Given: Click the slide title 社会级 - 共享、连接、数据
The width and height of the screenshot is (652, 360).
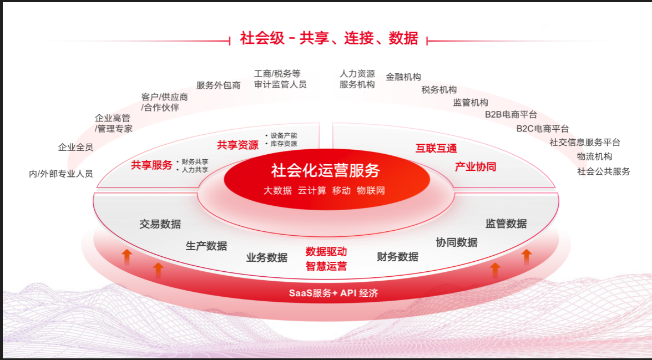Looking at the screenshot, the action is [329, 38].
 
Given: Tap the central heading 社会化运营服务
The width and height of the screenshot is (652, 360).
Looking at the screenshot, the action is [326, 170].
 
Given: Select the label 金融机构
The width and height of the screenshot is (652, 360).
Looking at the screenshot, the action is [403, 77].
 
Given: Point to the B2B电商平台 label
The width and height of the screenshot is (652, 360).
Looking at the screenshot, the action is [511, 114].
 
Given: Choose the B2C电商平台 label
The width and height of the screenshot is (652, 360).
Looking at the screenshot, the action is [543, 129].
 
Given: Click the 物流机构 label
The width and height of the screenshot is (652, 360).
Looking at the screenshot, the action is [595, 156].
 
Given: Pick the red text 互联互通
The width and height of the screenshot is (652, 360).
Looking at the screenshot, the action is [436, 149].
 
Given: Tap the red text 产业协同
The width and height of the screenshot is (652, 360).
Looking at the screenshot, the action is [476, 167].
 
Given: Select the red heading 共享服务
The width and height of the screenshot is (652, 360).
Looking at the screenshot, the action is [152, 165].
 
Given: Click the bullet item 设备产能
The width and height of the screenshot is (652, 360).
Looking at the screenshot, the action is [284, 135].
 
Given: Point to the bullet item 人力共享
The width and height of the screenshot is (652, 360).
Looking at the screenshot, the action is [195, 170].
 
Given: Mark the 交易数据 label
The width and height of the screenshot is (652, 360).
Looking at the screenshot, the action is [160, 224].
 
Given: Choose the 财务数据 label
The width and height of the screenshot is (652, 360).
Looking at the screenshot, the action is [397, 256].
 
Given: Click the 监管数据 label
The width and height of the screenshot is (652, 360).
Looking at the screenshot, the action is [506, 224].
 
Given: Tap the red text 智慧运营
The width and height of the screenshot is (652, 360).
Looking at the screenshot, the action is [326, 266].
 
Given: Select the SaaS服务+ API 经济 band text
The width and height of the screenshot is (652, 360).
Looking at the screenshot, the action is [333, 293].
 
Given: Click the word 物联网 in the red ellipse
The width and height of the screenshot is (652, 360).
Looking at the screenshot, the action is [371, 191].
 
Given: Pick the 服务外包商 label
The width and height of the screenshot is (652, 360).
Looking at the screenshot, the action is [218, 85].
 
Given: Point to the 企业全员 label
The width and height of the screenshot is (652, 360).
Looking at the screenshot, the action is [75, 147].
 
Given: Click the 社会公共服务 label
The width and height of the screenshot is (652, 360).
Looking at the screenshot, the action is [604, 171].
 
